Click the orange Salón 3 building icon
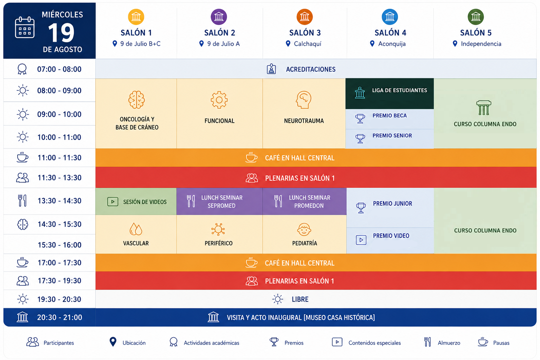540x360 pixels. (x=304, y=17)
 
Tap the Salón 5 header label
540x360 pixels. (x=476, y=33)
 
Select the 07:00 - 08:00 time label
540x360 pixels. (x=59, y=69)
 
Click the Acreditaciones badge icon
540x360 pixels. (x=271, y=69)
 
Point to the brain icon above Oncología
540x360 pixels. (x=136, y=99)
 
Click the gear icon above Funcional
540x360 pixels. (x=219, y=99)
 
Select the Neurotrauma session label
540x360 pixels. (x=304, y=121)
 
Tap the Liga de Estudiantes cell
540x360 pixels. (x=390, y=94)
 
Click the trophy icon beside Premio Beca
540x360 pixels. (x=360, y=118)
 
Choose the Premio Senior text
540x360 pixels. (x=392, y=135)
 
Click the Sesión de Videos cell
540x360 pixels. (x=136, y=201)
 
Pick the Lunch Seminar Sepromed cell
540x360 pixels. (x=219, y=201)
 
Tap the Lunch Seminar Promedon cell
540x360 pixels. (x=304, y=201)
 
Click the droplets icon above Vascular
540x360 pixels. (x=136, y=229)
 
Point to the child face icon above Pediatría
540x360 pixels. (x=304, y=229)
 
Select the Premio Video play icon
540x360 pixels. (x=361, y=240)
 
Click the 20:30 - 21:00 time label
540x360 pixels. (x=59, y=317)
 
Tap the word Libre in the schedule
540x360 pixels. (x=300, y=299)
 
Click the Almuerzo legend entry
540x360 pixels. (x=442, y=342)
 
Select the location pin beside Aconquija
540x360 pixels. (x=372, y=44)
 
